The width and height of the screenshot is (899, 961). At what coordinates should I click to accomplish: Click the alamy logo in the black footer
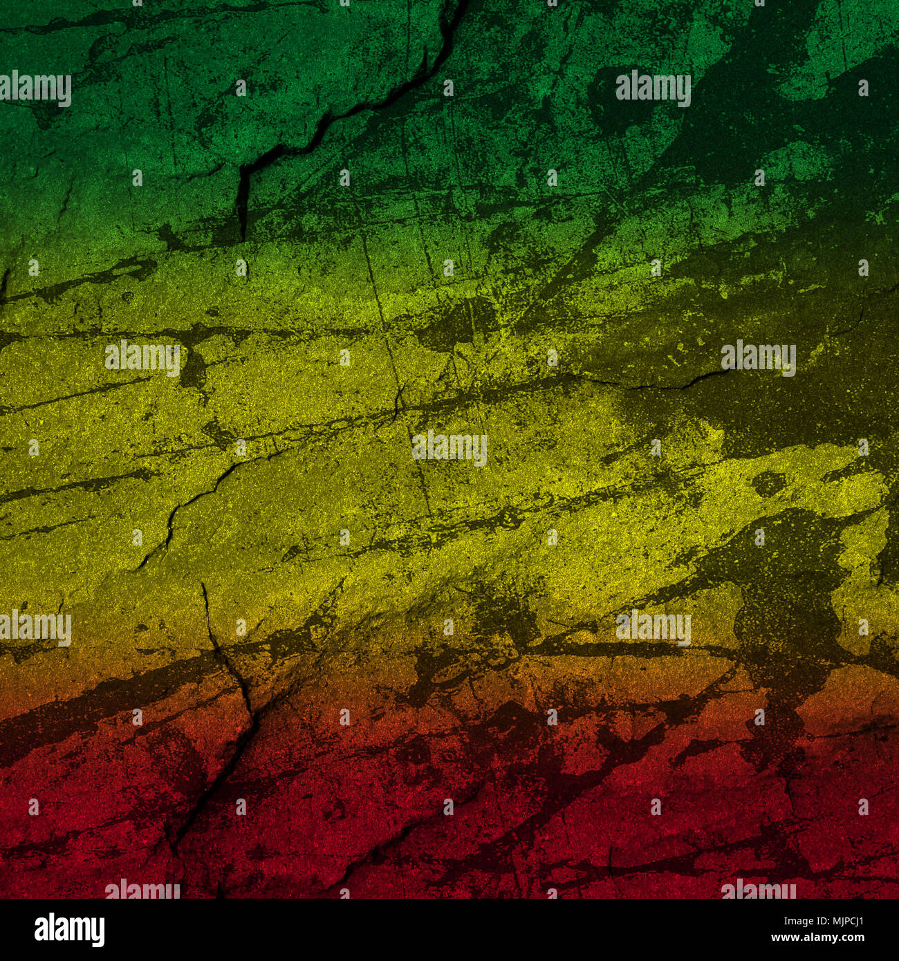tap(69, 930)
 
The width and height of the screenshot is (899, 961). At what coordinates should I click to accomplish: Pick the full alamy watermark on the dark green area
tap(653, 88)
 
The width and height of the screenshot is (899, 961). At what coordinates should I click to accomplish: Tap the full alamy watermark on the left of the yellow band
tap(142, 357)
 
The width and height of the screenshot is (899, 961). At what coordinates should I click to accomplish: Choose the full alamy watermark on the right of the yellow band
tap(758, 357)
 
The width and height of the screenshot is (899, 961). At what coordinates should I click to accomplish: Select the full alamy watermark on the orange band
tap(653, 628)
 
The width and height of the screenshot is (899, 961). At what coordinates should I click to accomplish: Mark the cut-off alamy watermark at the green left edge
tap(35, 88)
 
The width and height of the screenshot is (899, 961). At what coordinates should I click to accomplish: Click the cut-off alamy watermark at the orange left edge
tap(35, 628)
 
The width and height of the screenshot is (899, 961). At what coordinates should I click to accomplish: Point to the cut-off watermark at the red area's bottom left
tap(142, 890)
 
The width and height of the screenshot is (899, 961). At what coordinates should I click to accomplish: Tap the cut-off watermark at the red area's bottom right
tap(758, 890)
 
